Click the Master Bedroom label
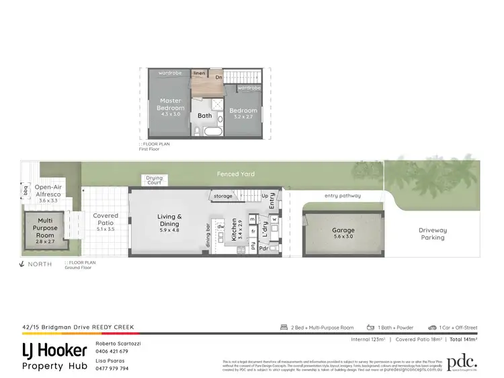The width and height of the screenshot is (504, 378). pyautogui.click(x=171, y=104)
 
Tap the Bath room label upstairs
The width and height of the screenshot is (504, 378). pyautogui.click(x=204, y=116)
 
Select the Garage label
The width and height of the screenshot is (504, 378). pyautogui.click(x=343, y=231)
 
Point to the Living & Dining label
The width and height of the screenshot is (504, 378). pyautogui.click(x=170, y=221)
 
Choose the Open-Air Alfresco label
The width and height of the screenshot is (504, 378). pyautogui.click(x=49, y=191)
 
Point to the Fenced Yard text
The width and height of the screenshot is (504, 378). pyautogui.click(x=235, y=174)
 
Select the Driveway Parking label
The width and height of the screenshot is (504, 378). pyautogui.click(x=433, y=233)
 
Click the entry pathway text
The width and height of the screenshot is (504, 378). pyautogui.click(x=342, y=196)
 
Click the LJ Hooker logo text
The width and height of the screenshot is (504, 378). pyautogui.click(x=54, y=350)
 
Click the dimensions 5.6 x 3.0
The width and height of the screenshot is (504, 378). pyautogui.click(x=343, y=237)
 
